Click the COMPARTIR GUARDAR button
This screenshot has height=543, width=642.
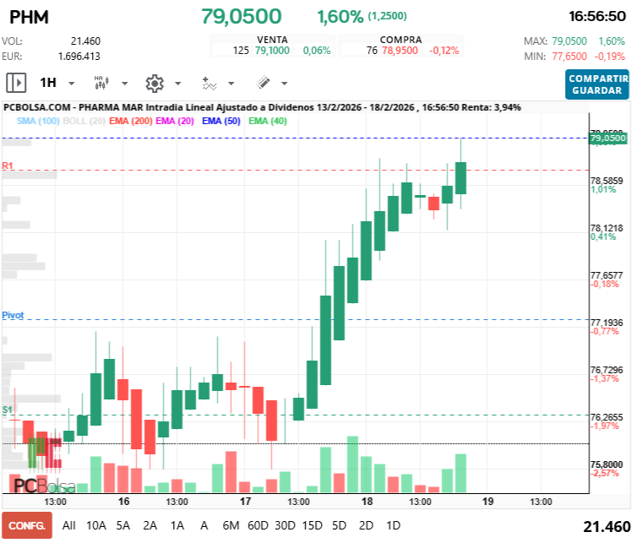(598, 84)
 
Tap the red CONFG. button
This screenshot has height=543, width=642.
(26, 525)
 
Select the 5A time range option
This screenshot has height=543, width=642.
(123, 525)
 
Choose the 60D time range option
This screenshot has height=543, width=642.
(258, 525)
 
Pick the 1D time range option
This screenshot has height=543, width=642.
(393, 525)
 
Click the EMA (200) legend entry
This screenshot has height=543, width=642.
(131, 121)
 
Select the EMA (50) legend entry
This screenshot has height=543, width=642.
(222, 121)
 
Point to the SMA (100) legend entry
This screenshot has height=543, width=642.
(37, 121)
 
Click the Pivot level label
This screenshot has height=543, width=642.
(13, 314)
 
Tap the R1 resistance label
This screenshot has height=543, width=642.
(8, 166)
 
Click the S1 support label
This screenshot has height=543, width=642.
(8, 410)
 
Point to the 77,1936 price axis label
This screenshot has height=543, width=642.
(606, 323)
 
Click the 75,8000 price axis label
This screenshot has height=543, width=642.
(606, 464)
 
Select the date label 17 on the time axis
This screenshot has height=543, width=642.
(245, 501)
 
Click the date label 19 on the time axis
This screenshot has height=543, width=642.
(487, 501)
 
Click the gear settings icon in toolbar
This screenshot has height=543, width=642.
(155, 83)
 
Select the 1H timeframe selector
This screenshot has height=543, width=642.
(48, 83)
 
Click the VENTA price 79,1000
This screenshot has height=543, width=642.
(272, 51)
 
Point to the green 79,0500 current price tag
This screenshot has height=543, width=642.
(607, 138)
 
